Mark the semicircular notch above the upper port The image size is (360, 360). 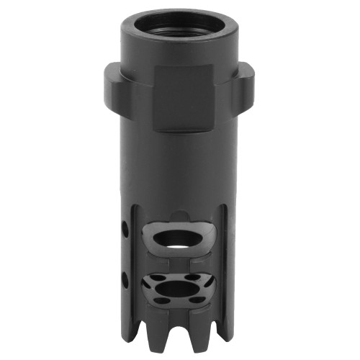(180, 217)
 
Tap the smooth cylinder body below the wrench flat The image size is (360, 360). (179, 173)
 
